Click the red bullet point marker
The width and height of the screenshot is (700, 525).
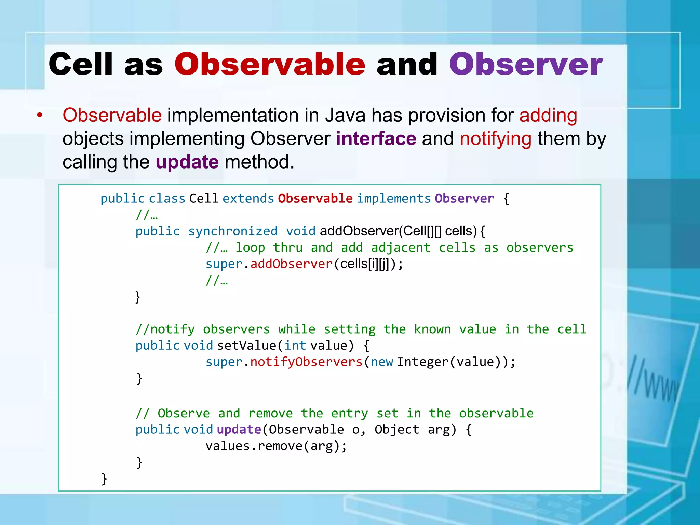[40, 116]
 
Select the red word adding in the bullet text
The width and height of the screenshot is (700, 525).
[548, 115]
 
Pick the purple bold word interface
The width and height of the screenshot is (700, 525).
[376, 139]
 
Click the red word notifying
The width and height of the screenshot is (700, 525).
[495, 139]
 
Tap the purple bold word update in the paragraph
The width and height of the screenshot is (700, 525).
[187, 162]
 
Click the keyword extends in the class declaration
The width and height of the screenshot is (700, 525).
[248, 199]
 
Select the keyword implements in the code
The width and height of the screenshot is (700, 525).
[394, 199]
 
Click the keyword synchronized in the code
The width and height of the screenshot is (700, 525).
[233, 231]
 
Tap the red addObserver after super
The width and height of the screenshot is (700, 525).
[291, 264]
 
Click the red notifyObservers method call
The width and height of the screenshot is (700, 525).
[306, 362]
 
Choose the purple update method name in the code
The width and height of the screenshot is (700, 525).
[239, 430]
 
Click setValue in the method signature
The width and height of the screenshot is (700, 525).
[246, 346]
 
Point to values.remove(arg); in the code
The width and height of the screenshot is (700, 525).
[276, 446]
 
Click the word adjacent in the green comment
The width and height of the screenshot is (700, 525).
[401, 248]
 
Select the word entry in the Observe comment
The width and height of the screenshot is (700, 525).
[349, 414]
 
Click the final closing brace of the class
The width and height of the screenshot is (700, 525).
[104, 479]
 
